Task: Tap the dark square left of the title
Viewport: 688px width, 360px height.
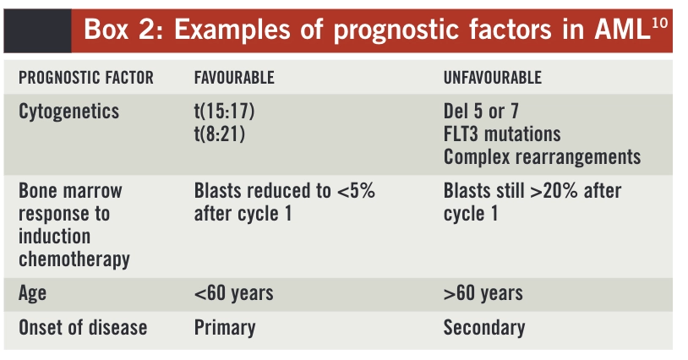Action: point(37,30)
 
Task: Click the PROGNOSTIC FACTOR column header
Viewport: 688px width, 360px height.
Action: point(86,78)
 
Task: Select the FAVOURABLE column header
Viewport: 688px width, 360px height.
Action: point(234,78)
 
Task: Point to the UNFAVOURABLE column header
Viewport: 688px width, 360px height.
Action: point(492,78)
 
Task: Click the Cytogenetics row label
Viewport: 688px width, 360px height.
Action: point(69,112)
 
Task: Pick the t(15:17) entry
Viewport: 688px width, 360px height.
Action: point(224,112)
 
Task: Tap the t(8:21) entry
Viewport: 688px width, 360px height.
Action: point(220,134)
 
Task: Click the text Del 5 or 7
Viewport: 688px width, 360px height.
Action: point(481,111)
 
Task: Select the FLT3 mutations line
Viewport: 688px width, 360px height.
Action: point(502,134)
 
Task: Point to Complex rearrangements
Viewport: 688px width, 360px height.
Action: point(542,157)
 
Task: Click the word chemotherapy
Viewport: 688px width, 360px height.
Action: point(74,259)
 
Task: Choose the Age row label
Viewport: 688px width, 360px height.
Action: point(32,294)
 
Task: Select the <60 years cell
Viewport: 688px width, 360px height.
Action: point(234,293)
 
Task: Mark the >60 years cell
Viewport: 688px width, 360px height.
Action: point(483,293)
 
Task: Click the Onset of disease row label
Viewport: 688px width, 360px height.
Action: point(83,328)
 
